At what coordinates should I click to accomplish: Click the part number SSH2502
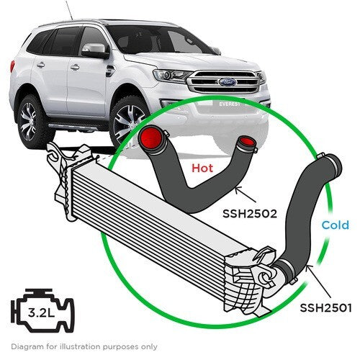(x=250, y=213)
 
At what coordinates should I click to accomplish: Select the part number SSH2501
(x=325, y=307)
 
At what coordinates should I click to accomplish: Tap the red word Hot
(x=202, y=168)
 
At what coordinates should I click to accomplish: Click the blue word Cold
(x=336, y=225)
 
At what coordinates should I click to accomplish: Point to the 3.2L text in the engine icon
(x=41, y=312)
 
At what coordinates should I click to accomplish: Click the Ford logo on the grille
(x=228, y=82)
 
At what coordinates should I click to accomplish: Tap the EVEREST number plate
(x=229, y=104)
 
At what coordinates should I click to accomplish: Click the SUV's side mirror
(x=94, y=51)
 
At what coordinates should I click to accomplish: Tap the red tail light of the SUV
(x=12, y=66)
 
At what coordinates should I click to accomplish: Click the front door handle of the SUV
(x=75, y=68)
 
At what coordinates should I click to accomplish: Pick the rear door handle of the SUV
(x=40, y=65)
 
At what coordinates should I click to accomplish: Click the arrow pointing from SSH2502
(x=246, y=195)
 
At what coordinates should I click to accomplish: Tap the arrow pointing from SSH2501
(x=319, y=281)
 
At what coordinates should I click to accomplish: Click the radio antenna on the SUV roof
(x=69, y=10)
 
